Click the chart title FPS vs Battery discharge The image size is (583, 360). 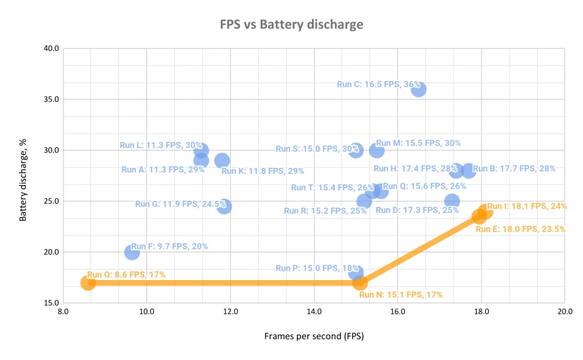[291, 25]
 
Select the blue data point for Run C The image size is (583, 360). [419, 89]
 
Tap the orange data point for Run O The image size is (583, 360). [88, 283]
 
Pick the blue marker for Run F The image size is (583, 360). [132, 252]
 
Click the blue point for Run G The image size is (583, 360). [224, 206]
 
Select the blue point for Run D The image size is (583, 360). [452, 201]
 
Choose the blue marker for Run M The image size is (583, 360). [377, 150]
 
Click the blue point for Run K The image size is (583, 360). [222, 160]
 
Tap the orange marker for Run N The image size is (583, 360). [360, 283]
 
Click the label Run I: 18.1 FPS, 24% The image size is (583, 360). [527, 206]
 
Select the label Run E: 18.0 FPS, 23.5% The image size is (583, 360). [521, 229]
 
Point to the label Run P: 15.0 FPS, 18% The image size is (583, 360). [317, 268]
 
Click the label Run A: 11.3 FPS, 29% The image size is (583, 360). [163, 170]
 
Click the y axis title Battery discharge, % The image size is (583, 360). [24, 176]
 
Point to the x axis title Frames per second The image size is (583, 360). [314, 337]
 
